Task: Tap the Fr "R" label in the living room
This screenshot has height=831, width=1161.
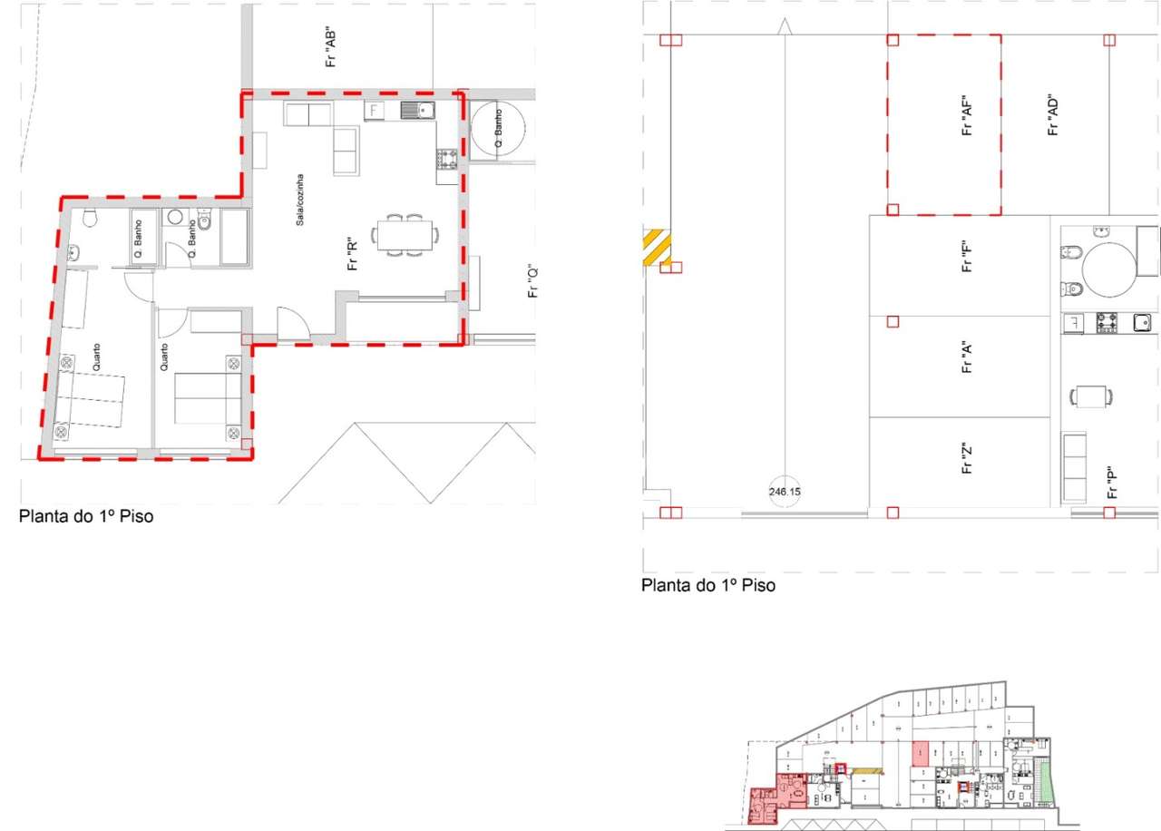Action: tap(354, 253)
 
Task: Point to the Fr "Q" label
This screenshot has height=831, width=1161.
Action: tap(534, 281)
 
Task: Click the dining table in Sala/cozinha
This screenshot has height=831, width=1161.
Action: tap(405, 235)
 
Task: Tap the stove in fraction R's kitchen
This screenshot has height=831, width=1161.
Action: tap(447, 161)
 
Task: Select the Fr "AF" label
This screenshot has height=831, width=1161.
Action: tap(968, 116)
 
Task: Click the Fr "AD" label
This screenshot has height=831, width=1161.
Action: tap(1053, 114)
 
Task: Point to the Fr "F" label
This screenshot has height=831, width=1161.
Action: tap(968, 256)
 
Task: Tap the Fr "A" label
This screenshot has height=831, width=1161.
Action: tap(968, 357)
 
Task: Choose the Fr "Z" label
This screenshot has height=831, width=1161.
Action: tap(968, 458)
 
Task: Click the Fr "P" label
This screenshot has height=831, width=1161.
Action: tap(1111, 482)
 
